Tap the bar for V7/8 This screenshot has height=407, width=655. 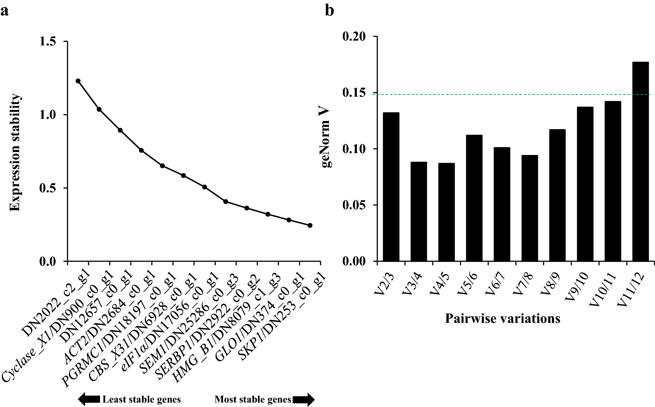pyautogui.click(x=529, y=208)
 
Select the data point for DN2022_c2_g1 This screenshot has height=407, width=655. pyautogui.click(x=78, y=81)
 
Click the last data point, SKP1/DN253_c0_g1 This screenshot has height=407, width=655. pyautogui.click(x=310, y=225)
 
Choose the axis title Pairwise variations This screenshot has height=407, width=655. pyautogui.click(x=502, y=318)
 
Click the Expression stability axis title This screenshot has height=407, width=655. pyautogui.click(x=15, y=152)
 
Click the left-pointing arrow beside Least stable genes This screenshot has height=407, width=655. pyautogui.click(x=89, y=399)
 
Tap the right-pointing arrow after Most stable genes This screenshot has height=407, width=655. pyautogui.click(x=304, y=399)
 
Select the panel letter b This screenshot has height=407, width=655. pyautogui.click(x=329, y=10)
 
